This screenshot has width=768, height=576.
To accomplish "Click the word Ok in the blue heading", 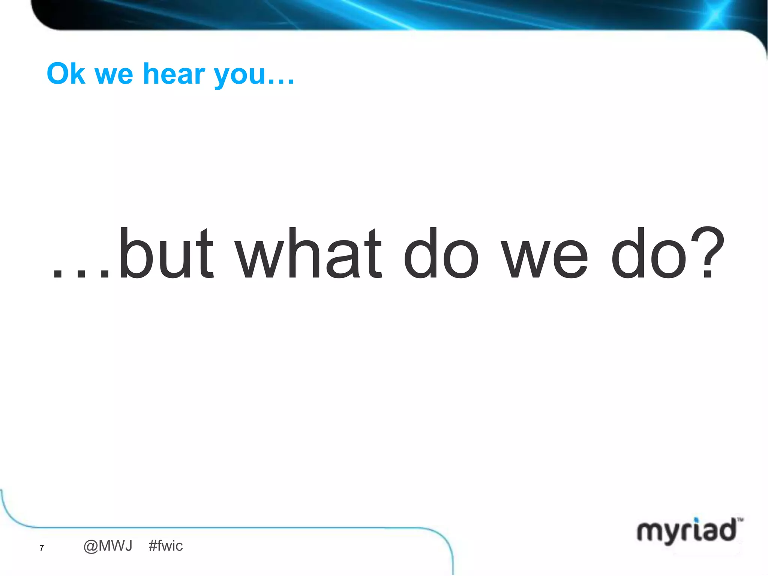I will [66, 74].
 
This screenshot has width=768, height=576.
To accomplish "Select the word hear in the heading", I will [174, 74].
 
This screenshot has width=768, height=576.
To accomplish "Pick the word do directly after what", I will [441, 254].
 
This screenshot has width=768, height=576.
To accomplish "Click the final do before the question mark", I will [649, 254].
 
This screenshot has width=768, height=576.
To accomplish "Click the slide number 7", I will [42, 548].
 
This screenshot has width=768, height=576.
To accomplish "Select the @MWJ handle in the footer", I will [108, 546].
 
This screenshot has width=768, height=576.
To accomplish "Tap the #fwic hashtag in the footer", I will [165, 546].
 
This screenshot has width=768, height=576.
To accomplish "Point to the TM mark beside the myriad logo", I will [740, 520].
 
